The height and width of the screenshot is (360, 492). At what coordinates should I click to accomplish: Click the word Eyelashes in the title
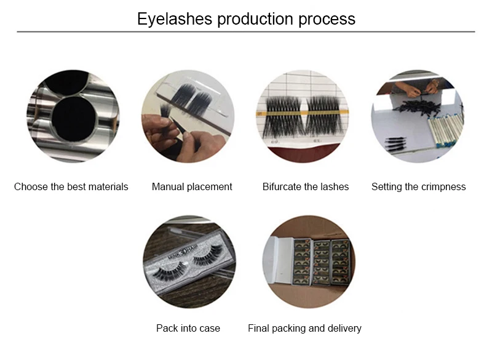175,19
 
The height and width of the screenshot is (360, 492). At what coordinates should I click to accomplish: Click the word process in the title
327,20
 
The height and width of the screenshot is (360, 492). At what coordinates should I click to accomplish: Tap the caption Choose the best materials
71,186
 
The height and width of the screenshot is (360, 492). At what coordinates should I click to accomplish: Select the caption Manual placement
192,186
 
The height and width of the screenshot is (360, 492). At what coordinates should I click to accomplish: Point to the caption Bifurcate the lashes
306,186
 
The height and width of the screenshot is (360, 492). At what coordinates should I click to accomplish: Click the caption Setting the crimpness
419,186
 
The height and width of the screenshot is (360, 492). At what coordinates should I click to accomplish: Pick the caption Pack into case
188,328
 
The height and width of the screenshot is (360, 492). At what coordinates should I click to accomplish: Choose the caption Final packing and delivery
304,328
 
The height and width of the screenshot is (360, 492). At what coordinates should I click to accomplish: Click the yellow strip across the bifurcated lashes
303,113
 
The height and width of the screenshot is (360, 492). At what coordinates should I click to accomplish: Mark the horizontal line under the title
246,32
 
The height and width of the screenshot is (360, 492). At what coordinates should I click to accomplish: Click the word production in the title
255,20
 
